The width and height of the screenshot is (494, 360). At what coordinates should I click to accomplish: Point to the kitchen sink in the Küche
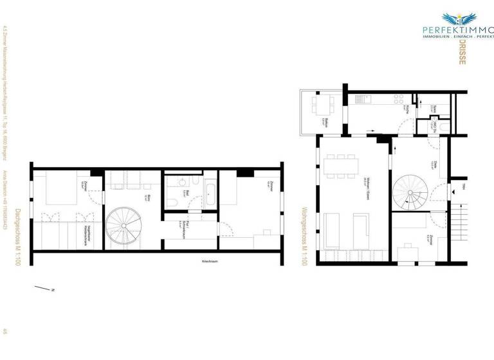coord(360,100)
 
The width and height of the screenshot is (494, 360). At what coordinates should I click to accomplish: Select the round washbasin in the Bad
coord(179,182)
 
